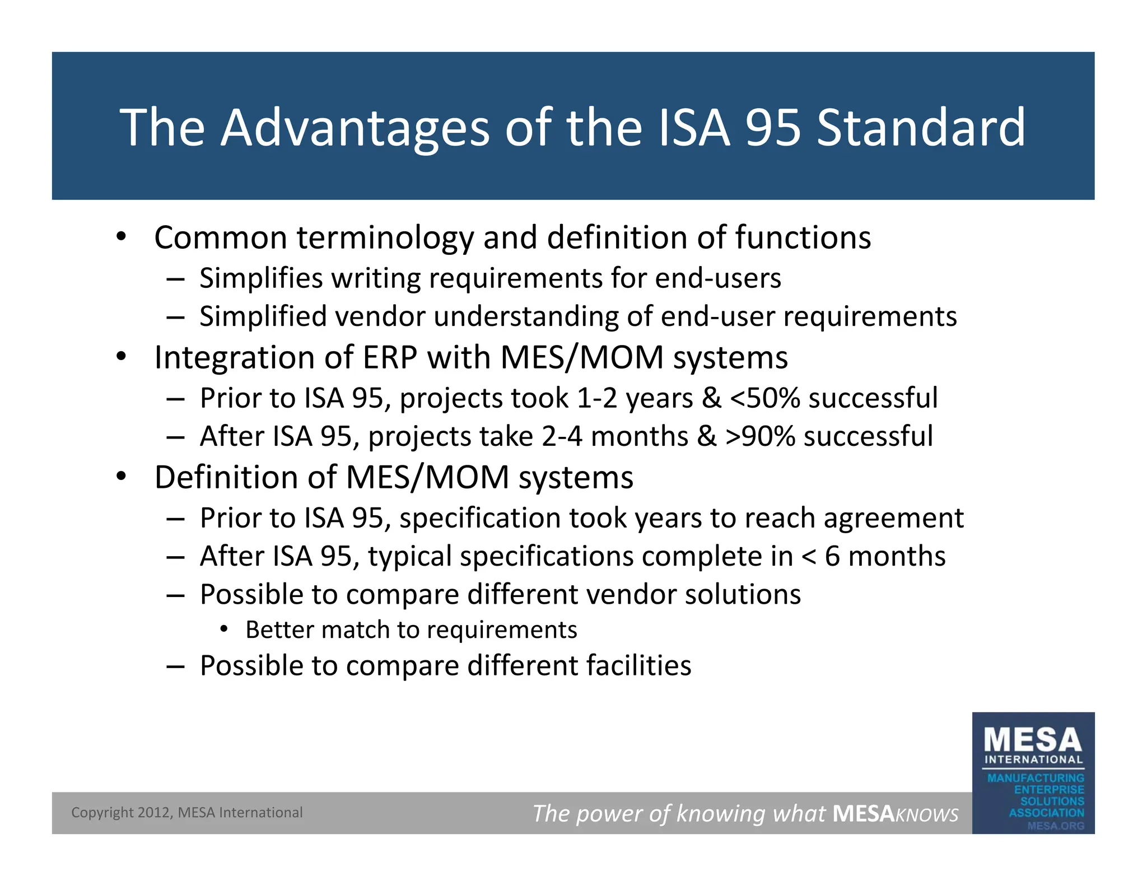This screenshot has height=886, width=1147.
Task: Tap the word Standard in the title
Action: [921, 128]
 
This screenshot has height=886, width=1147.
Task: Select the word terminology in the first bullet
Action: [385, 238]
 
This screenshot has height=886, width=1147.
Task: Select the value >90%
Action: [760, 436]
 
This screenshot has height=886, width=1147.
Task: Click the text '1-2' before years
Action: [596, 398]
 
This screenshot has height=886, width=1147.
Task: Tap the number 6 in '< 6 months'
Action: [832, 556]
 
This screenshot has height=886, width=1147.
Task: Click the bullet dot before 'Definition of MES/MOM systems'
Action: [122, 477]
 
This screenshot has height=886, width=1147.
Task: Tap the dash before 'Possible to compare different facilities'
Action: [175, 666]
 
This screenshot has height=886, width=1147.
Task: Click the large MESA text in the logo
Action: [1033, 740]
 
